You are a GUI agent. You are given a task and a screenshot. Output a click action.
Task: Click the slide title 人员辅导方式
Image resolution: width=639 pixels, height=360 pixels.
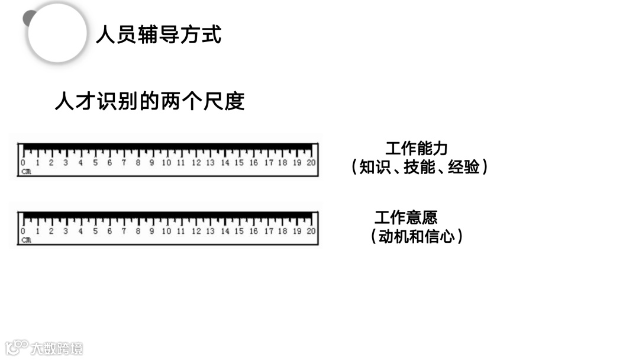click(159, 35)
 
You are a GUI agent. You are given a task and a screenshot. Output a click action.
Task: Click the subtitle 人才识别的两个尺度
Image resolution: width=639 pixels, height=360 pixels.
click(150, 102)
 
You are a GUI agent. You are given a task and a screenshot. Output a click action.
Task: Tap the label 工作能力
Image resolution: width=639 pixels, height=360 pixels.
click(417, 149)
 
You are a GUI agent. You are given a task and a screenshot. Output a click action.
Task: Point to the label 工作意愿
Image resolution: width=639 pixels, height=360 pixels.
click(406, 217)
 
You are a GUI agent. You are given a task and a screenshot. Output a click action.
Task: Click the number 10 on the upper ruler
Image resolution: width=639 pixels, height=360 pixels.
click(166, 163)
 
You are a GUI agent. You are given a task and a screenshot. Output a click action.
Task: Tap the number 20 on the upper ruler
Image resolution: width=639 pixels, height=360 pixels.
click(311, 163)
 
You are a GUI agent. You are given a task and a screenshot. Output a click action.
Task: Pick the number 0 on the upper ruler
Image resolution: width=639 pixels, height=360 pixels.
click(23, 163)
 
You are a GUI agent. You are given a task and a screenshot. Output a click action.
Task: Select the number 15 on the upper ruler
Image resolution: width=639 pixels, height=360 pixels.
click(239, 163)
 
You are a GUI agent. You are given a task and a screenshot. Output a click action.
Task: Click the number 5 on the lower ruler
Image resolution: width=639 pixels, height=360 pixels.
click(95, 232)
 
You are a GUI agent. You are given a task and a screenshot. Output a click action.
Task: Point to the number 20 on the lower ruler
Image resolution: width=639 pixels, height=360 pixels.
click(311, 232)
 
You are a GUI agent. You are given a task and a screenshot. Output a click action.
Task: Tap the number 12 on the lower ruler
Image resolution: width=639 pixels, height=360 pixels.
click(196, 232)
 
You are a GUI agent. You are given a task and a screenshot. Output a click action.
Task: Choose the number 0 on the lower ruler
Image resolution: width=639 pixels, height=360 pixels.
click(23, 232)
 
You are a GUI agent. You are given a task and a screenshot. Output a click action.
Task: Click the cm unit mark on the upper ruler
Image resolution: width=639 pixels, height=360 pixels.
click(26, 172)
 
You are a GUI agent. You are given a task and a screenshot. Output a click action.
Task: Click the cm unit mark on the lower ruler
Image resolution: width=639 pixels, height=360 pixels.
click(26, 240)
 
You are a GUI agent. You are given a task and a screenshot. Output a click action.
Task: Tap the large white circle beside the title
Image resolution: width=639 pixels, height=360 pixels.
click(57, 33)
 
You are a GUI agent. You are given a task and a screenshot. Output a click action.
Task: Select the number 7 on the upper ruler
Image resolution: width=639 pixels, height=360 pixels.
click(124, 163)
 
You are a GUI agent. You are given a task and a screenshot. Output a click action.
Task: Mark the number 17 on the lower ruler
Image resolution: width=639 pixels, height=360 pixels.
click(268, 232)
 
